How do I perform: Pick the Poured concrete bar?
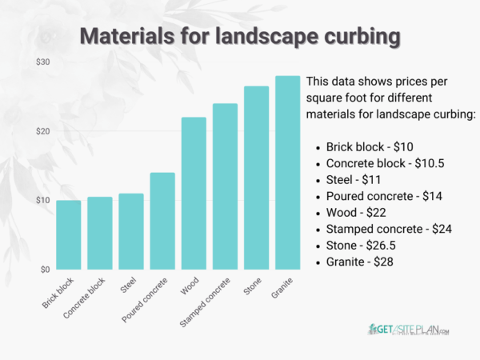coord(162,221)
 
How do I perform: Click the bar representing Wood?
coord(194,193)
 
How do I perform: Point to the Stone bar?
coord(256,178)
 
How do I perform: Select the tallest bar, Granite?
coord(287,173)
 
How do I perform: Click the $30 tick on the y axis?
coord(43,62)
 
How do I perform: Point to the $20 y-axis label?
coord(43,131)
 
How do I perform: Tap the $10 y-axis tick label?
coord(43,200)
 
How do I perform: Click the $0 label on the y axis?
coord(46,270)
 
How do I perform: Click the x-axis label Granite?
coord(282,287)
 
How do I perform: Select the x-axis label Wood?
coord(190,286)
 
